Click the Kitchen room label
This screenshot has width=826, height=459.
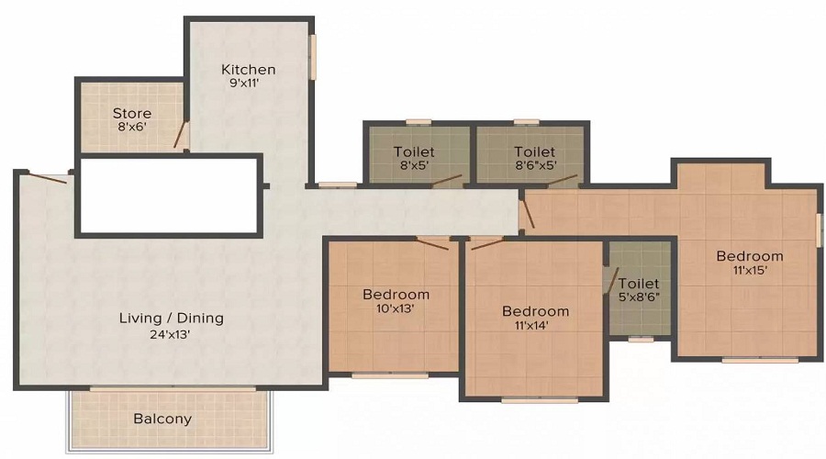[x=248, y=70]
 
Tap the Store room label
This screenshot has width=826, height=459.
[x=132, y=114]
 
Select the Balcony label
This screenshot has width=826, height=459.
[x=162, y=419]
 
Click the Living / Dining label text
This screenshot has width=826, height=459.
[x=172, y=319]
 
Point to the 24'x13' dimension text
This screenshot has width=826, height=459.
[x=172, y=334]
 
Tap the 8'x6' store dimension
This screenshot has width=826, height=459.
[x=132, y=129]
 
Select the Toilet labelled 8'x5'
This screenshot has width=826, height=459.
[x=414, y=151]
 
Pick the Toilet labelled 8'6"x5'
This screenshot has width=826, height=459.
[x=534, y=151]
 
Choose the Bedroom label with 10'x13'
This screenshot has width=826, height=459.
[x=396, y=295]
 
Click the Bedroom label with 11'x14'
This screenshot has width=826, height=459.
[x=535, y=311]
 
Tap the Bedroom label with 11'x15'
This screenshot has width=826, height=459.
[x=750, y=256]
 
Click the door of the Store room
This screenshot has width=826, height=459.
[x=182, y=135]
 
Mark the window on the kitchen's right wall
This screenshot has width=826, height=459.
[x=312, y=57]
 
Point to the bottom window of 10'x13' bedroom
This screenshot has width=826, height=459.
[x=389, y=375]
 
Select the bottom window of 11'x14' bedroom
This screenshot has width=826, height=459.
[x=539, y=399]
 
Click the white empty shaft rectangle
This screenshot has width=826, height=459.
[x=168, y=195]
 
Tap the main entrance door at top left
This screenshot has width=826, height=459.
[x=46, y=176]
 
